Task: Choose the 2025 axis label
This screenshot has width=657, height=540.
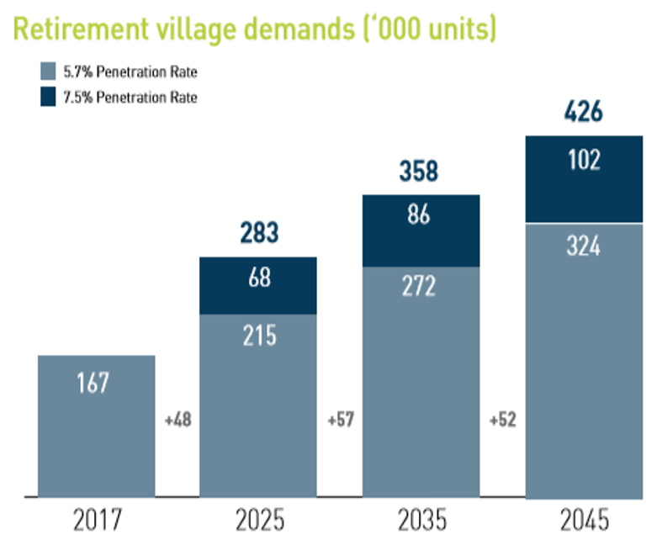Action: tap(258, 517)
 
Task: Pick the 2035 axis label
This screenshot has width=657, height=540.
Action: tap(421, 517)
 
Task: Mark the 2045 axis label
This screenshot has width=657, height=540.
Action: tap(585, 517)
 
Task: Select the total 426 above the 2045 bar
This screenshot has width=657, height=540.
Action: tap(585, 112)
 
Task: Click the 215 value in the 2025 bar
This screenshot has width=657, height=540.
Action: tap(258, 335)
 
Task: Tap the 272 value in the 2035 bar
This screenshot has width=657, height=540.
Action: tap(419, 288)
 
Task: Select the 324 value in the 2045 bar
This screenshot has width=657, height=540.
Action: tap(585, 249)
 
